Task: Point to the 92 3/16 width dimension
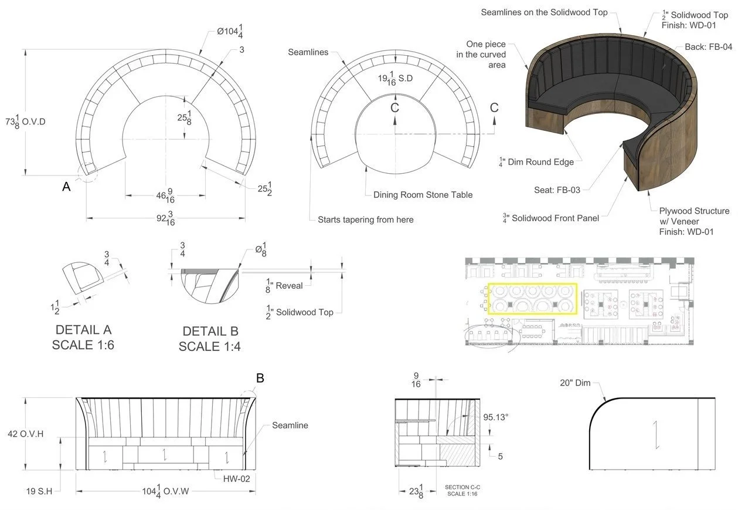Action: click(165, 219)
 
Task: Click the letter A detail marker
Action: click(66, 187)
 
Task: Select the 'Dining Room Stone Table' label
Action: click(423, 194)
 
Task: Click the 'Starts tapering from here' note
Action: click(365, 219)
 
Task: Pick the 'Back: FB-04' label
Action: click(708, 46)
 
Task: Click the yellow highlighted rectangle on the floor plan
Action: click(532, 299)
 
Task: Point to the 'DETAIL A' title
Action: click(83, 330)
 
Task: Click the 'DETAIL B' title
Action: click(210, 332)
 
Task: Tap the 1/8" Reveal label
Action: click(285, 285)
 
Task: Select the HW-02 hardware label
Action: click(236, 478)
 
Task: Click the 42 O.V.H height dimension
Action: click(26, 434)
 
